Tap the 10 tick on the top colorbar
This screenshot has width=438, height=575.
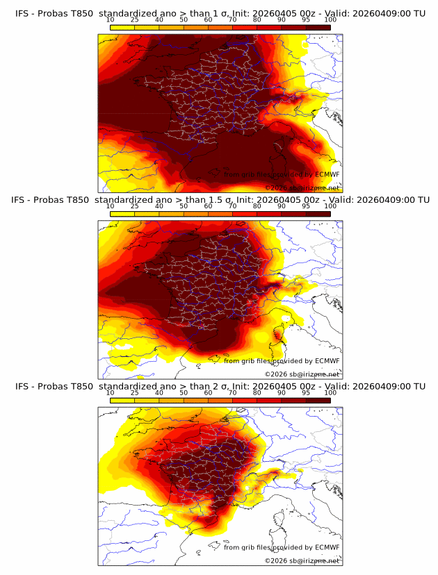110,20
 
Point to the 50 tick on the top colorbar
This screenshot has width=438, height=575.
184,20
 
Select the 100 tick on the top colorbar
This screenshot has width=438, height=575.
330,20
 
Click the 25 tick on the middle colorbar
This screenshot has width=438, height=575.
134,206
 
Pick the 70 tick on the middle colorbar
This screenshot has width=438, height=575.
232,206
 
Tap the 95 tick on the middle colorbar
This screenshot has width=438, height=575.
306,206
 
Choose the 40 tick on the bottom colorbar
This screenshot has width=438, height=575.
159,393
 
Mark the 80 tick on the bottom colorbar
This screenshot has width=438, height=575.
257,393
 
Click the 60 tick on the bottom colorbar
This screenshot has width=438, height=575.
208,393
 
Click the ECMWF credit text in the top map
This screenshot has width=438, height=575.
282,175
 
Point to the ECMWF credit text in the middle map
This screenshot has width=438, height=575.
282,361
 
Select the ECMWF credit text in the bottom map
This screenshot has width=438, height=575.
282,547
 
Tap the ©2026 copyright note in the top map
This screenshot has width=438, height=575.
302,188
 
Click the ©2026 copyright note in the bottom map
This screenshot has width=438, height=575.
302,561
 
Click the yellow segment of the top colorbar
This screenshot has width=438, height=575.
122,27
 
